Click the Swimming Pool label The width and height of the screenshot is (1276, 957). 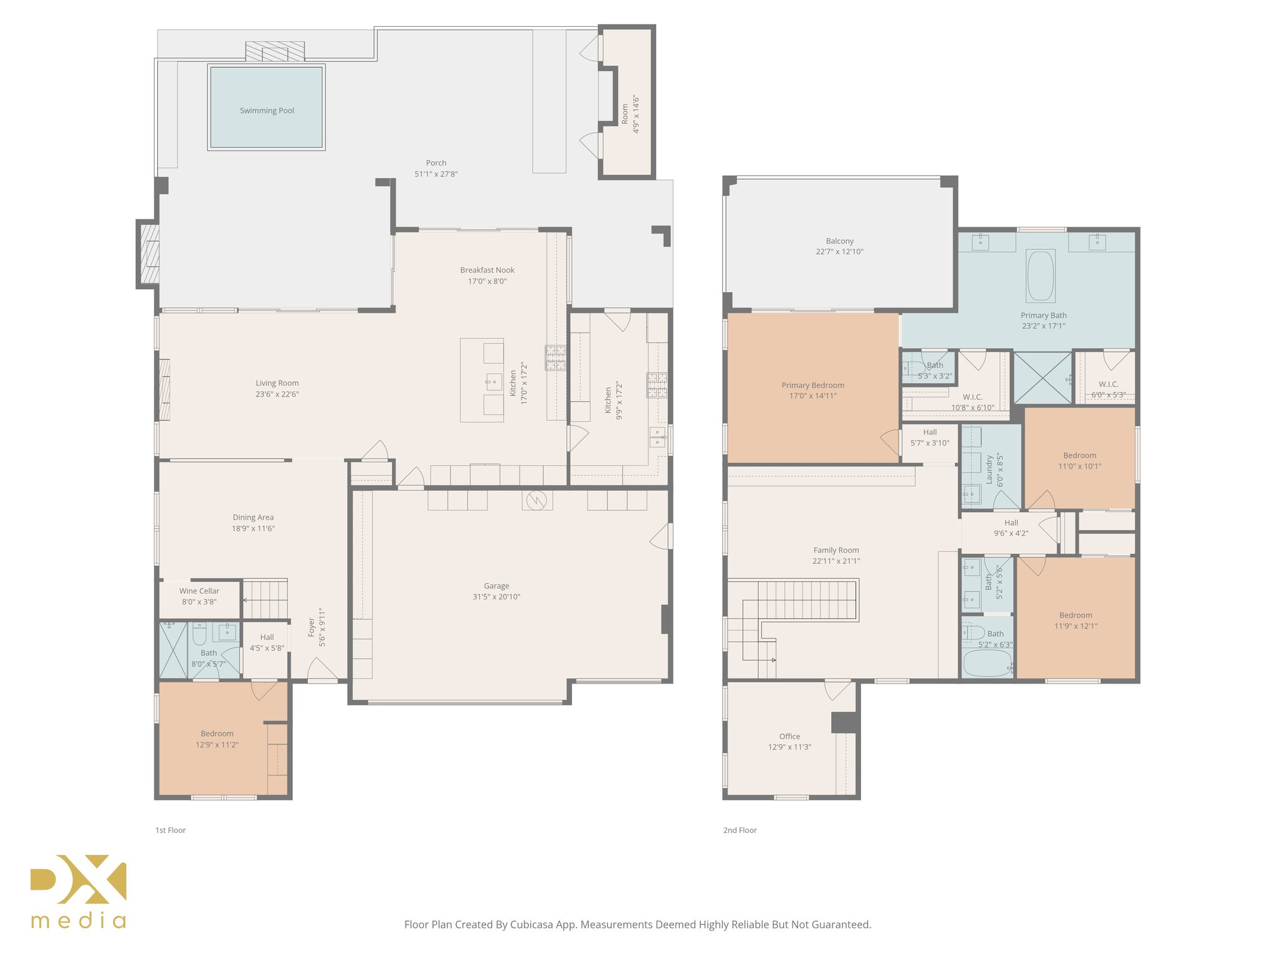pyautogui.click(x=267, y=111)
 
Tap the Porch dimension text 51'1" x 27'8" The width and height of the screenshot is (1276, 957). pyautogui.click(x=436, y=174)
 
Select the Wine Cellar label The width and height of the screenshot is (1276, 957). pyautogui.click(x=199, y=591)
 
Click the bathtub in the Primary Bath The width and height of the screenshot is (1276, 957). pyautogui.click(x=1040, y=276)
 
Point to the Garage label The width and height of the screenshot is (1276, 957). pyautogui.click(x=497, y=586)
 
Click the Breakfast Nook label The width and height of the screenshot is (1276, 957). pyautogui.click(x=487, y=270)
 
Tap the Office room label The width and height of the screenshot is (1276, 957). pyautogui.click(x=789, y=736)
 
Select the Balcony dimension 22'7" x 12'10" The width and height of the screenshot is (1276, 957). pyautogui.click(x=839, y=252)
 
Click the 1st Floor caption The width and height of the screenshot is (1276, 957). pyautogui.click(x=170, y=830)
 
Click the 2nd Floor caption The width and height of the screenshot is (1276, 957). pyautogui.click(x=740, y=830)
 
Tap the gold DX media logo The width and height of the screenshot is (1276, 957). pyautogui.click(x=79, y=891)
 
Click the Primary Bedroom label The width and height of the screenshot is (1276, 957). pyautogui.click(x=812, y=385)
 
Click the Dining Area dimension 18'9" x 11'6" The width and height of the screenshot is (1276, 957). pyautogui.click(x=253, y=528)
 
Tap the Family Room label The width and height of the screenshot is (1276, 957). pyautogui.click(x=836, y=550)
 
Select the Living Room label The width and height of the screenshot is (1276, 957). pyautogui.click(x=277, y=383)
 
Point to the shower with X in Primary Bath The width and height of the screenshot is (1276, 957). pyautogui.click(x=1041, y=378)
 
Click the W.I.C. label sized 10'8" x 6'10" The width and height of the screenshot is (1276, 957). pyautogui.click(x=972, y=397)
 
